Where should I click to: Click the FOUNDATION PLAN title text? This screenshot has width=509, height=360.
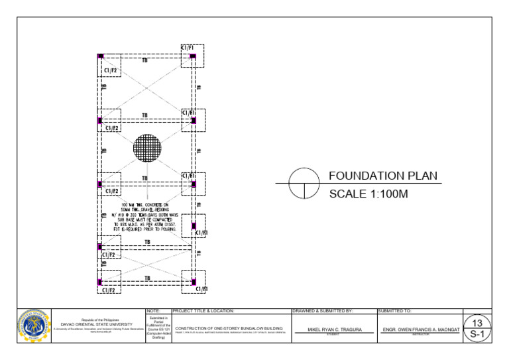pyautogui.click(x=382, y=176)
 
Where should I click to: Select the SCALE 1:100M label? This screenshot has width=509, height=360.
pyautogui.click(x=368, y=194)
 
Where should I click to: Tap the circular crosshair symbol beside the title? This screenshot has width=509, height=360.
pyautogui.click(x=304, y=183)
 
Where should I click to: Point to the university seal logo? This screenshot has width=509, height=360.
pyautogui.click(x=33, y=325)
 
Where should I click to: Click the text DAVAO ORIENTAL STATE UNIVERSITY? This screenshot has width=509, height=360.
pyautogui.click(x=97, y=324)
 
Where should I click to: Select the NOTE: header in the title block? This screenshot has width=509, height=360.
pyautogui.click(x=153, y=310)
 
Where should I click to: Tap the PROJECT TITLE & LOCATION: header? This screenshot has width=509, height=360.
pyautogui.click(x=203, y=310)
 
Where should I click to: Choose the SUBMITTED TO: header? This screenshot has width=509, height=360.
pyautogui.click(x=395, y=310)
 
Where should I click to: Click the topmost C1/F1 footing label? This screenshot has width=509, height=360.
pyautogui.click(x=188, y=48)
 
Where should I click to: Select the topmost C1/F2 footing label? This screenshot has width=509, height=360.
pyautogui.click(x=111, y=70)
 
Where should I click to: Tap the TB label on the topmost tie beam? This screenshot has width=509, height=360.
pyautogui.click(x=144, y=60)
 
